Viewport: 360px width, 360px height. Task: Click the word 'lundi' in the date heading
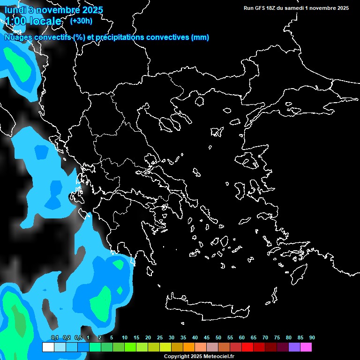click(15, 10)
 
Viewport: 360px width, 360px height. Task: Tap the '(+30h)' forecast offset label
click(81, 21)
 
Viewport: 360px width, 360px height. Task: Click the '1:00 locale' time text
click(33, 21)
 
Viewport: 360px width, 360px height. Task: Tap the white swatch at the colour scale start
click(48, 347)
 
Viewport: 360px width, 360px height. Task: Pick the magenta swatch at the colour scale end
click(306, 347)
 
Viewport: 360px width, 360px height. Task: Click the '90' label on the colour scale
click(312, 337)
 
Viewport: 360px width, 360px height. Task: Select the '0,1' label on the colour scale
click(55, 337)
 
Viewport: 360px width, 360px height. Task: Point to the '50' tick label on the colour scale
click(218, 337)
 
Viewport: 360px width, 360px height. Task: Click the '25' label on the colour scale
click(160, 337)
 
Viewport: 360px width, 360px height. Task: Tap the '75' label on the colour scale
click(277, 337)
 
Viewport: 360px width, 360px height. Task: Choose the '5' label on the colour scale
click(112, 337)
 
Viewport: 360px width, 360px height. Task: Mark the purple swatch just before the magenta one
click(294, 347)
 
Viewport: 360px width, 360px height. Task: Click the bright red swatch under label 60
click(247, 347)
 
